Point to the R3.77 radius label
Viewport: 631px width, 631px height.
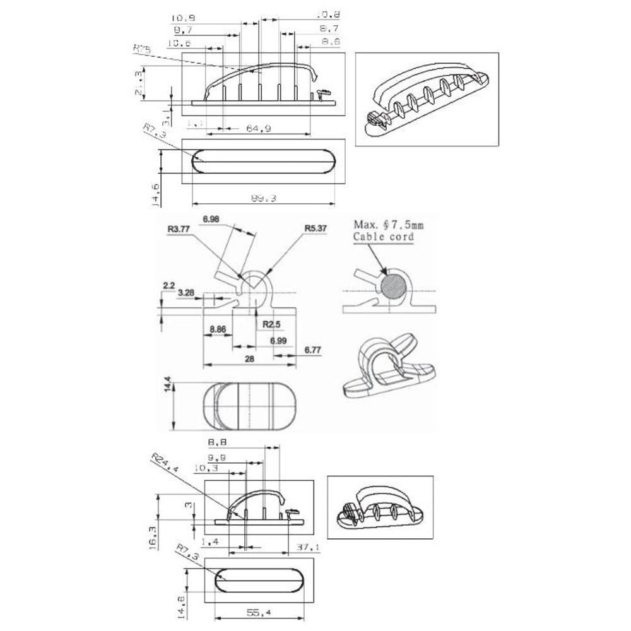(180, 230)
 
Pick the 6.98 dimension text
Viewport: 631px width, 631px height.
(212, 219)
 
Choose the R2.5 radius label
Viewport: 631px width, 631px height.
(271, 324)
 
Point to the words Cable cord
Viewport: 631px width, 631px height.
(384, 237)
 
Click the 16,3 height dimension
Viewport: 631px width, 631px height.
(152, 538)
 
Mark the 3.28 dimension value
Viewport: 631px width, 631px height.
(187, 293)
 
